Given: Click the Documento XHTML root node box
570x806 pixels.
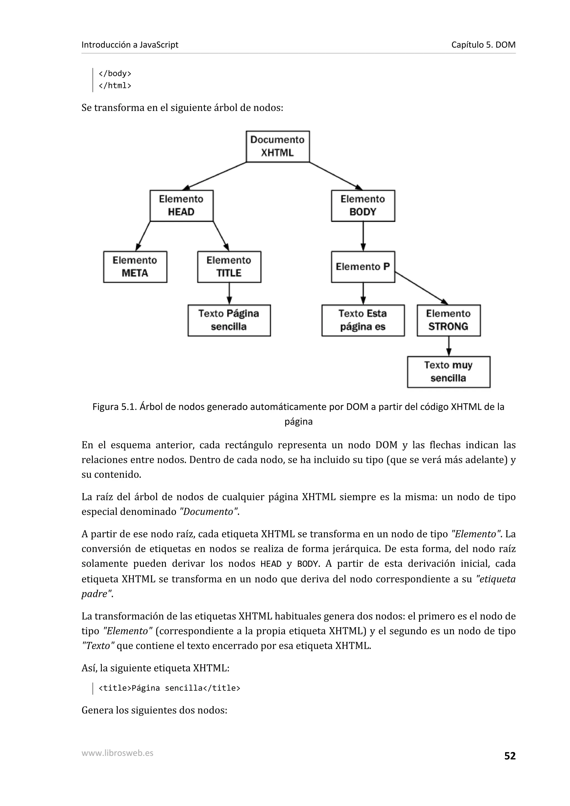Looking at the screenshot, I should click(x=277, y=146).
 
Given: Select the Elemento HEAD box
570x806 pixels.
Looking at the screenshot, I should click(x=181, y=206).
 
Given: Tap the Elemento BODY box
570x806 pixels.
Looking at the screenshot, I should click(x=363, y=206).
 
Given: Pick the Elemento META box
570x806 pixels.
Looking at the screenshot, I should click(x=135, y=267).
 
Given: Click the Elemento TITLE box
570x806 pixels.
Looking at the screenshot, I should click(x=229, y=267).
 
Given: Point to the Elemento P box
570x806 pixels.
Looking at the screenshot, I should click(x=363, y=267).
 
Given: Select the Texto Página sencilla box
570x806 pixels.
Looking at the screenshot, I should click(x=229, y=320).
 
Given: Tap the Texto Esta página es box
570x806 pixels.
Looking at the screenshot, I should click(x=363, y=320).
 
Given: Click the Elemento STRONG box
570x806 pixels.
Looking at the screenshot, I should click(x=448, y=320).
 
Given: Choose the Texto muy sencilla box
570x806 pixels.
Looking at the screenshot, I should click(x=448, y=372).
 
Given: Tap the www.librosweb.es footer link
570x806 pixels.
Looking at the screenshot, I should click(x=117, y=753).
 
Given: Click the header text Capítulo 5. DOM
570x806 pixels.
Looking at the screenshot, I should click(x=483, y=45).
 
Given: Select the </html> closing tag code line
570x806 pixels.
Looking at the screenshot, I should click(x=115, y=86).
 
